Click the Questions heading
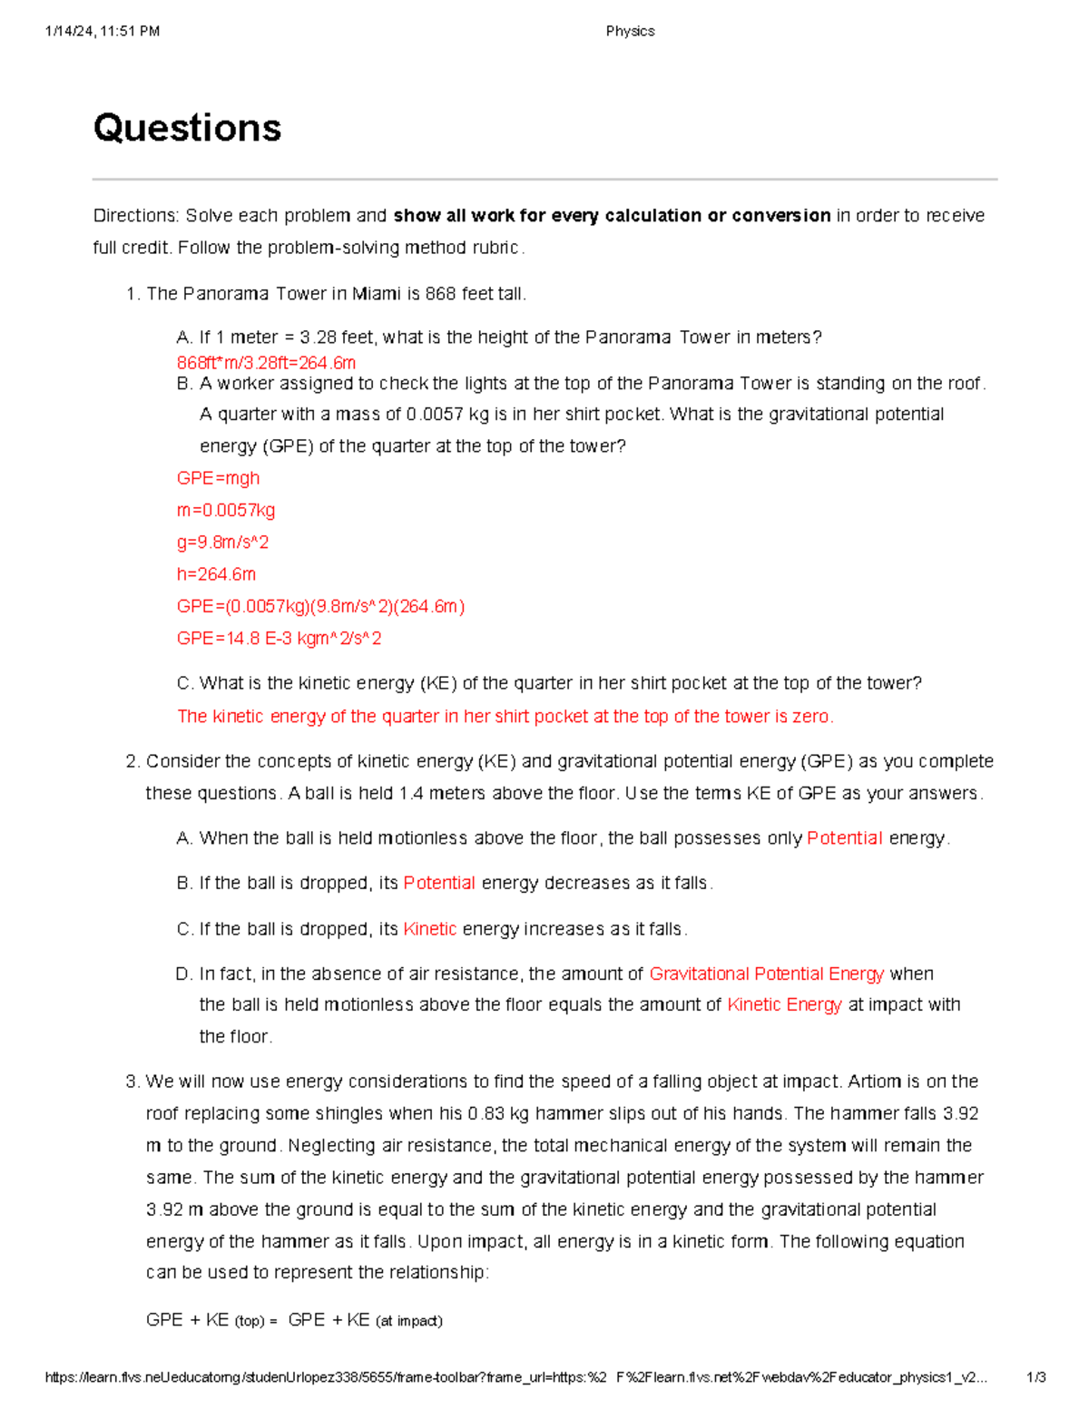[187, 128]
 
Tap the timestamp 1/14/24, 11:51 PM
[102, 31]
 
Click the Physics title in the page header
[630, 31]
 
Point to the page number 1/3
[1035, 1377]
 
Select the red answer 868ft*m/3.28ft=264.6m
[266, 363]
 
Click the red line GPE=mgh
[218, 478]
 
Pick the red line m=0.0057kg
[226, 510]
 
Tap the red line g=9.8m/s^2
[222, 543]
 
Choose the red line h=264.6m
[216, 574]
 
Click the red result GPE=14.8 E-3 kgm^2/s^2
[279, 639]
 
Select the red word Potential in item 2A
[844, 838]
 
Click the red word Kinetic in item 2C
[429, 929]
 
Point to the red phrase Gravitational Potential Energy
[766, 974]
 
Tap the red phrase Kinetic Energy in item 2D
[784, 1004]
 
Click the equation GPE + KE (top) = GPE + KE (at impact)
[294, 1320]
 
